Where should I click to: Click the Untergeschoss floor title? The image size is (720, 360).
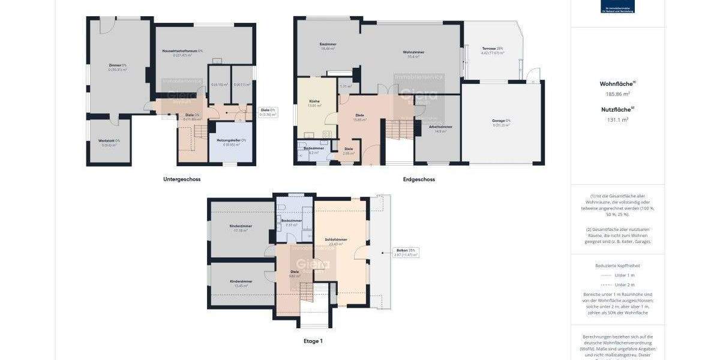point(181,179)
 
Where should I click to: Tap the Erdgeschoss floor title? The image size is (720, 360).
point(419,179)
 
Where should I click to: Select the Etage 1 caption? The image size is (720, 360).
point(313,341)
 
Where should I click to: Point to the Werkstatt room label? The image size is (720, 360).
point(109,141)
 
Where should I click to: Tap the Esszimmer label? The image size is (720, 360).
point(328,44)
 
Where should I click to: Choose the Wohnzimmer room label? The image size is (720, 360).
point(413,53)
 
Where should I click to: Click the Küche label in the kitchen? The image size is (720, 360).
point(314,101)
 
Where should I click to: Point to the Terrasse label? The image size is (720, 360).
point(492,49)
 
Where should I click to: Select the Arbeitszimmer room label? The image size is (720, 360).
point(440,127)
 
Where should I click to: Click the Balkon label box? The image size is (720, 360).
point(406,252)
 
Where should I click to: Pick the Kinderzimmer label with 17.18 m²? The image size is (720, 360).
point(241,226)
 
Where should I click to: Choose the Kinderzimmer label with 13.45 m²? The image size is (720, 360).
point(241,281)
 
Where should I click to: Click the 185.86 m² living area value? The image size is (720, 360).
point(617,94)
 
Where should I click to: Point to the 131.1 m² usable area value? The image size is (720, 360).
point(617,119)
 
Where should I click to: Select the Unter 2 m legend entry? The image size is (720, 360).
point(624,284)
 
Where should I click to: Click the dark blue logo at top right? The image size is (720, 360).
point(617,6)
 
